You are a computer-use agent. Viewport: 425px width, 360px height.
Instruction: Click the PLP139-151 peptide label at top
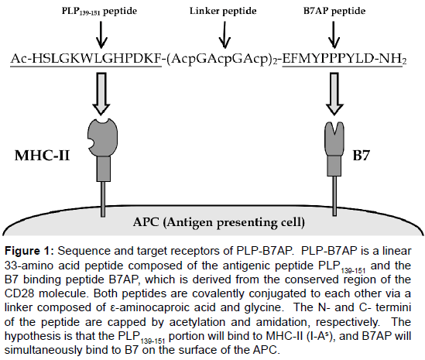tap(99, 12)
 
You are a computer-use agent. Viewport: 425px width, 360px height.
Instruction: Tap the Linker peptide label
tap(223, 11)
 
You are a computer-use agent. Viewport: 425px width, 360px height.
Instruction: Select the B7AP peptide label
tap(334, 11)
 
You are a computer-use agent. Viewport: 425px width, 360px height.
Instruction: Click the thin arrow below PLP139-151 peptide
tap(101, 35)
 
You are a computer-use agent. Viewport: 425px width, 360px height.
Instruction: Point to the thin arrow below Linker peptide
tap(224, 35)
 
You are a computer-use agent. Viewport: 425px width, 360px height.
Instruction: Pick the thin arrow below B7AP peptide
tap(334, 35)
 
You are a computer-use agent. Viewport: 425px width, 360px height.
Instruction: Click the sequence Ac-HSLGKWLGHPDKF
tap(86, 59)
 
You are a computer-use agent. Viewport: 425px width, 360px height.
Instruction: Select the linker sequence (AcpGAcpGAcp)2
tap(222, 60)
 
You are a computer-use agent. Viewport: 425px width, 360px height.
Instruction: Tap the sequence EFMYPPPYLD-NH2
tap(344, 60)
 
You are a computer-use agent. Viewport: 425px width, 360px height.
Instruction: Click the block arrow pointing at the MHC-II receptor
tap(101, 93)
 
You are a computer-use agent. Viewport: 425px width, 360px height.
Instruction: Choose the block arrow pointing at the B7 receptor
tap(334, 94)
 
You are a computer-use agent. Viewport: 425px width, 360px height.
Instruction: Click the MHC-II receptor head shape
tap(103, 137)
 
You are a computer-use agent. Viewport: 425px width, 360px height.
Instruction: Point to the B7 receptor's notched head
tap(334, 139)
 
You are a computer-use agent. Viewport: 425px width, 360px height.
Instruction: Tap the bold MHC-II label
tap(43, 156)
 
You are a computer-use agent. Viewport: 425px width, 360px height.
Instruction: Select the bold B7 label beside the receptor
tap(362, 156)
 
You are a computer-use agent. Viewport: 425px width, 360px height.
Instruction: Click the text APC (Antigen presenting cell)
tap(219, 222)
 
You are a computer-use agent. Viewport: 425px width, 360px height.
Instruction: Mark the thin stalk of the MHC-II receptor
tap(103, 199)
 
